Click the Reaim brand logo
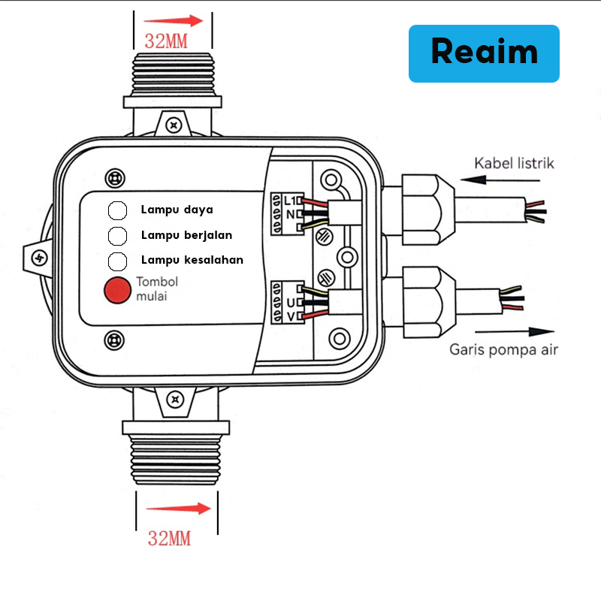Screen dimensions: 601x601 (484, 53)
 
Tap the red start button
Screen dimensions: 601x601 (117, 291)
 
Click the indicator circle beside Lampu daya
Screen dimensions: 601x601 (117, 210)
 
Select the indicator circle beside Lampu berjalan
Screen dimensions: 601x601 (117, 236)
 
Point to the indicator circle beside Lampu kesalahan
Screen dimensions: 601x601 (117, 261)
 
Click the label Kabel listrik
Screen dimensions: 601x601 (513, 163)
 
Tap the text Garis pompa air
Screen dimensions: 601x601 (503, 349)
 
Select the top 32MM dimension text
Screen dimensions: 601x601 (166, 41)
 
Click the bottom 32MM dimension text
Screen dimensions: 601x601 (169, 538)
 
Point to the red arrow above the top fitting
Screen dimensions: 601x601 (174, 21)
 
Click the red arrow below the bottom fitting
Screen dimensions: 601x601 (178, 509)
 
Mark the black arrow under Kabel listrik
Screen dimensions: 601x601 (495, 180)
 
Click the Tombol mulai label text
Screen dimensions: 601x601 (156, 289)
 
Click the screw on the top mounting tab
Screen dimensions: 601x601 (175, 122)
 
